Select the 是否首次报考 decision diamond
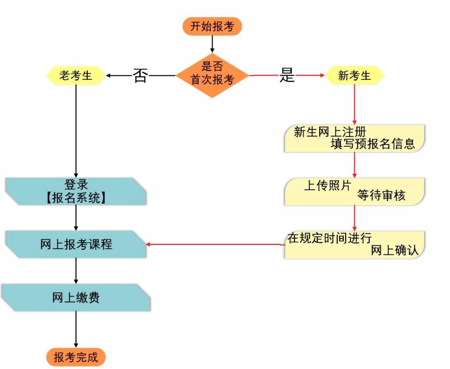[212, 75]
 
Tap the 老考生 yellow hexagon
[76, 76]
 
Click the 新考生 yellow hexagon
[355, 76]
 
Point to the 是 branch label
[287, 76]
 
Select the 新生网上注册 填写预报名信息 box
[355, 138]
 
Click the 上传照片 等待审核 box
[355, 191]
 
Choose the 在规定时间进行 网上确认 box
[355, 244]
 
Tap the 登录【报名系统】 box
[76, 191]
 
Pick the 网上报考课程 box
[76, 244]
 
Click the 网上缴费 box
[76, 298]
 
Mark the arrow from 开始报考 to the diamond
[212, 44]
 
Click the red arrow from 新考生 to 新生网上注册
[355, 104]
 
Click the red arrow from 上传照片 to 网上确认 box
[355, 218]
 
